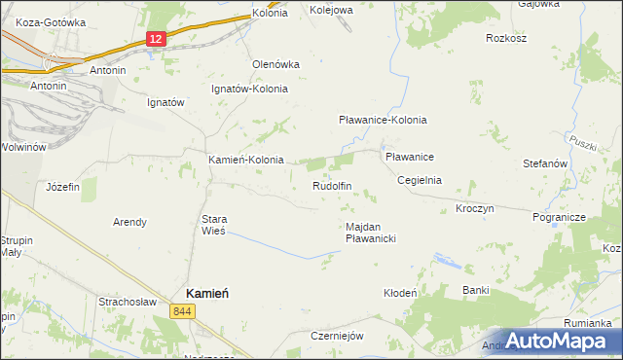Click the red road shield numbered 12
(156, 38)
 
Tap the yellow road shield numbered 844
(181, 311)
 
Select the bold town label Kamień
(207, 293)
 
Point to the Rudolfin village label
(331, 185)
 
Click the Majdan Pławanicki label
(370, 232)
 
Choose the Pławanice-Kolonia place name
(383, 120)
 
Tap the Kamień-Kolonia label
(246, 160)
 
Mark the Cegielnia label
(420, 180)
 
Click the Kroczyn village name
(475, 209)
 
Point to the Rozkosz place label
(506, 39)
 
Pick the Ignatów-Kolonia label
(250, 89)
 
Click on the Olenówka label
(275, 64)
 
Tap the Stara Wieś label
(213, 225)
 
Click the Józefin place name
(63, 186)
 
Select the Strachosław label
(128, 302)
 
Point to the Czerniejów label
(337, 336)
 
